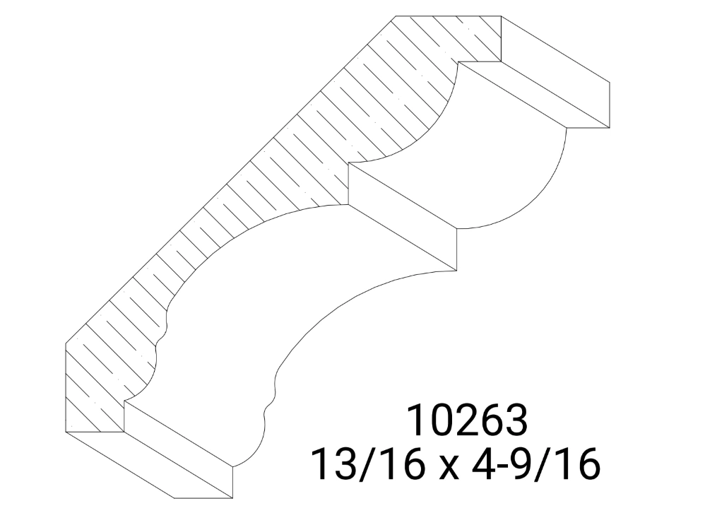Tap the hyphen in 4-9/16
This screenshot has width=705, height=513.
click(494, 468)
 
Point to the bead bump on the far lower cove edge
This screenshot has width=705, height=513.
click(269, 408)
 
